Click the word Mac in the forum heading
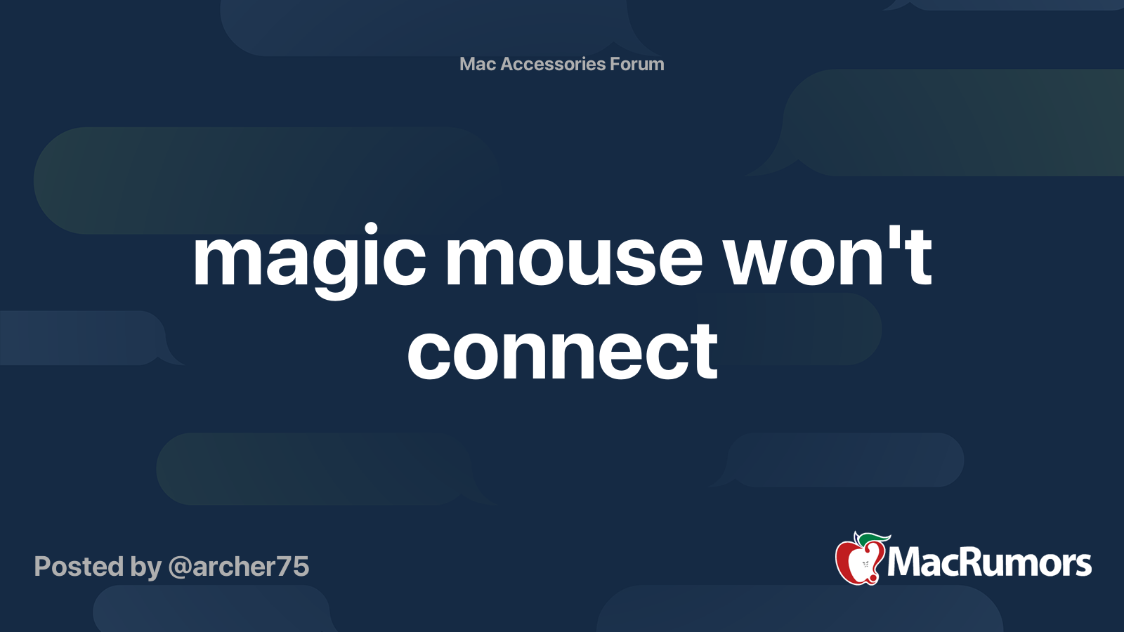click(478, 64)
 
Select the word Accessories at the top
click(553, 64)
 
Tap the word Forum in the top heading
click(637, 64)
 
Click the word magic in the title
click(308, 259)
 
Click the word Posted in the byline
click(79, 567)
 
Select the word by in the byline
click(145, 567)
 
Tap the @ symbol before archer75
click(179, 567)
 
